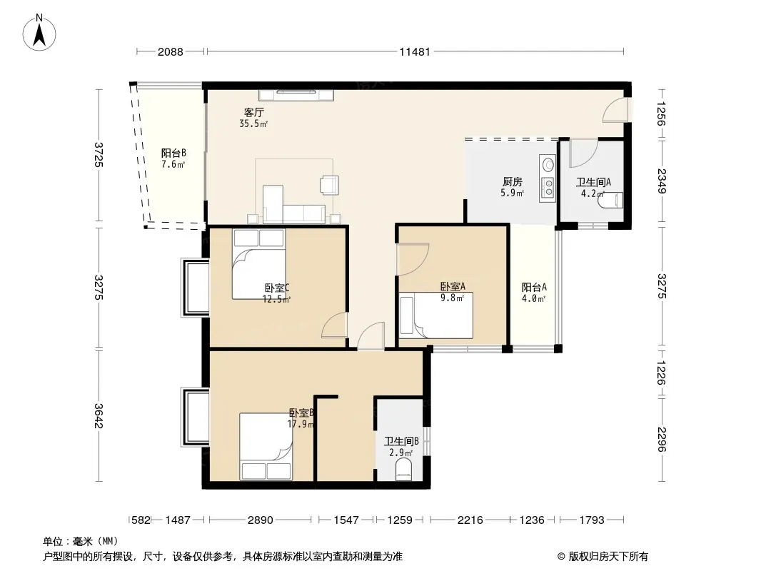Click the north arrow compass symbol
click(x=39, y=33)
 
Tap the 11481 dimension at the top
click(x=415, y=51)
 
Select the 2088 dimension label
click(x=171, y=51)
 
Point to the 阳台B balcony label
click(x=173, y=153)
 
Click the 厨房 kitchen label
click(x=513, y=182)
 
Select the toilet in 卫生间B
click(x=403, y=470)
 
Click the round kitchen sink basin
click(x=548, y=165)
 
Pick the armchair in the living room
click(x=329, y=185)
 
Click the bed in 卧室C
click(x=258, y=264)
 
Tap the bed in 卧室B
click(x=266, y=446)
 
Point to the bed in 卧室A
click(x=436, y=315)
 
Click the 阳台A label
click(x=534, y=287)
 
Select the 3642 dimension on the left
click(x=99, y=416)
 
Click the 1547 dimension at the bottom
click(x=346, y=520)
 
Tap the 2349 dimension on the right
click(x=662, y=181)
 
